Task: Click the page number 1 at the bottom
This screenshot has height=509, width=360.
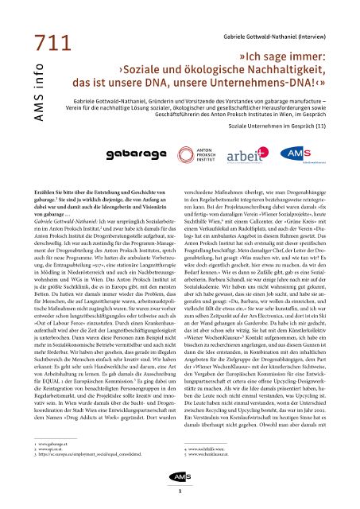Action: coord(180,492)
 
